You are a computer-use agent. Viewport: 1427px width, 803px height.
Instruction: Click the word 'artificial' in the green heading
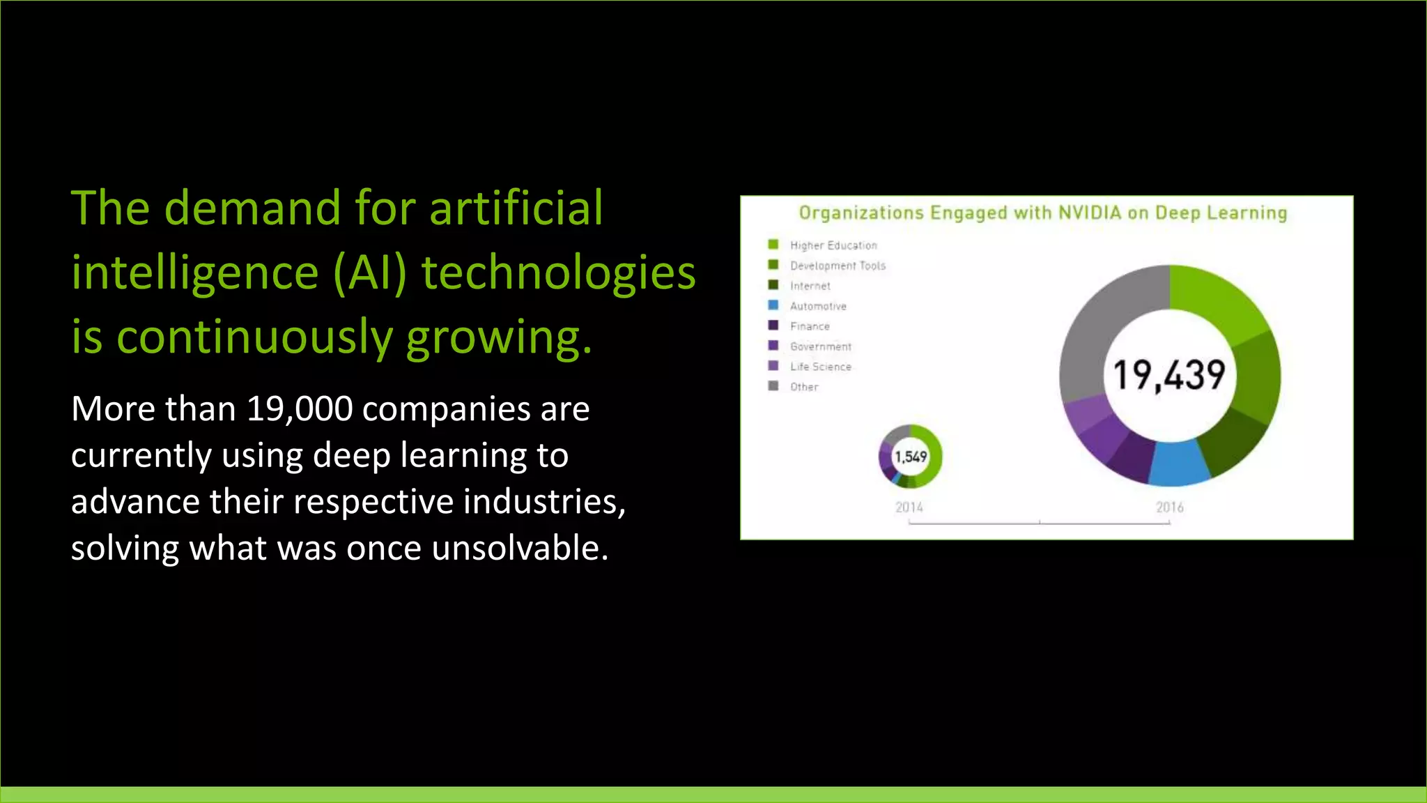516,208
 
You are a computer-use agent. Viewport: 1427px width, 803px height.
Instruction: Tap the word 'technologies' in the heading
558,273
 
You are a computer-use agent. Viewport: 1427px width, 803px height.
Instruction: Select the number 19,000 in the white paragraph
300,408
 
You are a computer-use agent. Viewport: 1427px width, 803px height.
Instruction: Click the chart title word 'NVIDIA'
1090,213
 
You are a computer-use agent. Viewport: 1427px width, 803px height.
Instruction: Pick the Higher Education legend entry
833,245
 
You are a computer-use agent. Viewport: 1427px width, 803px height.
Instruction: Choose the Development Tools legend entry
838,266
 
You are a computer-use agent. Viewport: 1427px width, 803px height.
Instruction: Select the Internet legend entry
810,286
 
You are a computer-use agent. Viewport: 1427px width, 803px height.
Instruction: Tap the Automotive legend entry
818,306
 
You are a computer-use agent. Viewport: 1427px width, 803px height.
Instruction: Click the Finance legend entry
810,326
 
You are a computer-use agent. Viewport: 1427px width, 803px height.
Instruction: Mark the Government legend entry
820,346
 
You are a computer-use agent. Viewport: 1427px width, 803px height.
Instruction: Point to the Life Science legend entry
820,367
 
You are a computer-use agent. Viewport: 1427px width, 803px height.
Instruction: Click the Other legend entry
803,387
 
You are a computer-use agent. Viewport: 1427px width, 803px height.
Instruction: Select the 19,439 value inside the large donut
1169,375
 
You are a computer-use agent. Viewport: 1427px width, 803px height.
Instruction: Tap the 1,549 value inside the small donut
911,457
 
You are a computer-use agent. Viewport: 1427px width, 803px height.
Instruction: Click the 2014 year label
909,507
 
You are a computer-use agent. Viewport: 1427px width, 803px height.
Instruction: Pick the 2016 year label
1170,507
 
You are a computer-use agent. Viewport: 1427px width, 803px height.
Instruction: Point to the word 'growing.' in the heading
499,337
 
